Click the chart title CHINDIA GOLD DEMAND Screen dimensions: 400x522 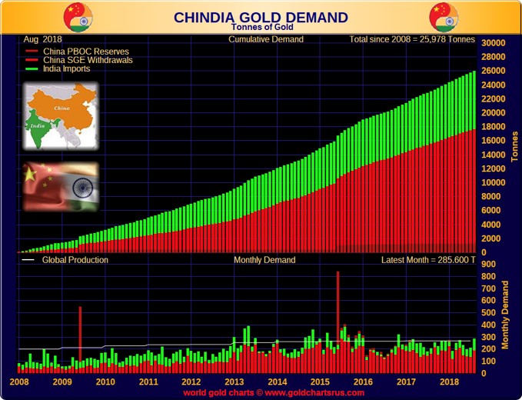(x=261, y=17)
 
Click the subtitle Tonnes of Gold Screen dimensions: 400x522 (x=261, y=28)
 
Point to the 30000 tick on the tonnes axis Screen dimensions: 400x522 (x=492, y=43)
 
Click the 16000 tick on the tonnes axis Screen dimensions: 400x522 (x=492, y=141)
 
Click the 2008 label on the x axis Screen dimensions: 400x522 (x=19, y=382)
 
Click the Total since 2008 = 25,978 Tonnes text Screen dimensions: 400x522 (x=412, y=39)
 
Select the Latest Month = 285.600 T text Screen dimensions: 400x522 (x=428, y=260)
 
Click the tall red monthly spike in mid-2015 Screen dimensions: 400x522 (x=337, y=308)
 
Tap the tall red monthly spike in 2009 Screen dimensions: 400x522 (x=80, y=331)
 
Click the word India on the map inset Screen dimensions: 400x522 (x=36, y=123)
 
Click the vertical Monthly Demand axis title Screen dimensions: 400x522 (x=506, y=315)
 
